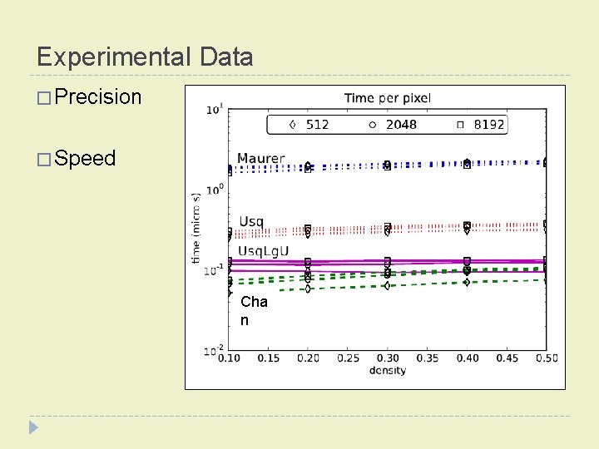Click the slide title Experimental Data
[x=145, y=57]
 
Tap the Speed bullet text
[x=86, y=159]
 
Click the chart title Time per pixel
[x=387, y=98]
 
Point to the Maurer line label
[x=260, y=158]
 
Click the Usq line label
[x=251, y=221]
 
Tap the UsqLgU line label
[x=264, y=251]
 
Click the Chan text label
[x=254, y=311]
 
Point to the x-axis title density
[x=388, y=370]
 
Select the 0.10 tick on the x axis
[x=230, y=358]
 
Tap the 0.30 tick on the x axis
[x=388, y=358]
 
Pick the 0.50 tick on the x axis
[x=545, y=358]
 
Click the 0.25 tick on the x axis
[x=348, y=358]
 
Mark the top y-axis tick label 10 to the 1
[x=214, y=108]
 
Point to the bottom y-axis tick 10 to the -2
[x=212, y=351]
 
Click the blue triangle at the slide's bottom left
[x=33, y=427]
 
